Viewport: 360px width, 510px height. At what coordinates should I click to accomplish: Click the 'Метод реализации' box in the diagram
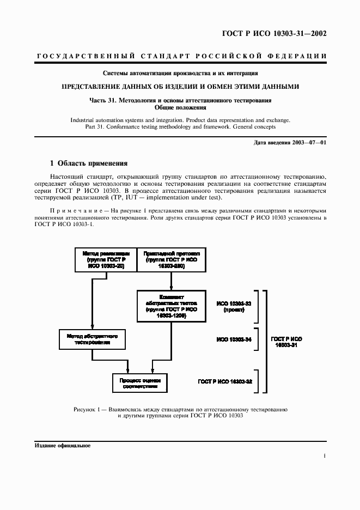point(106,260)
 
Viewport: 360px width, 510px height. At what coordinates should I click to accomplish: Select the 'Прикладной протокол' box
point(171,260)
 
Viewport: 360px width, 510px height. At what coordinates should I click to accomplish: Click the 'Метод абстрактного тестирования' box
point(93,339)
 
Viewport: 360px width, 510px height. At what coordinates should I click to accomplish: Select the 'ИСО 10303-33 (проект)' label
point(234,306)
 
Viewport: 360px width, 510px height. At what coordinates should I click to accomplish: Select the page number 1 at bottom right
point(324,457)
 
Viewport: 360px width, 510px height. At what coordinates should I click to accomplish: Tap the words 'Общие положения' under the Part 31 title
point(180,108)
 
